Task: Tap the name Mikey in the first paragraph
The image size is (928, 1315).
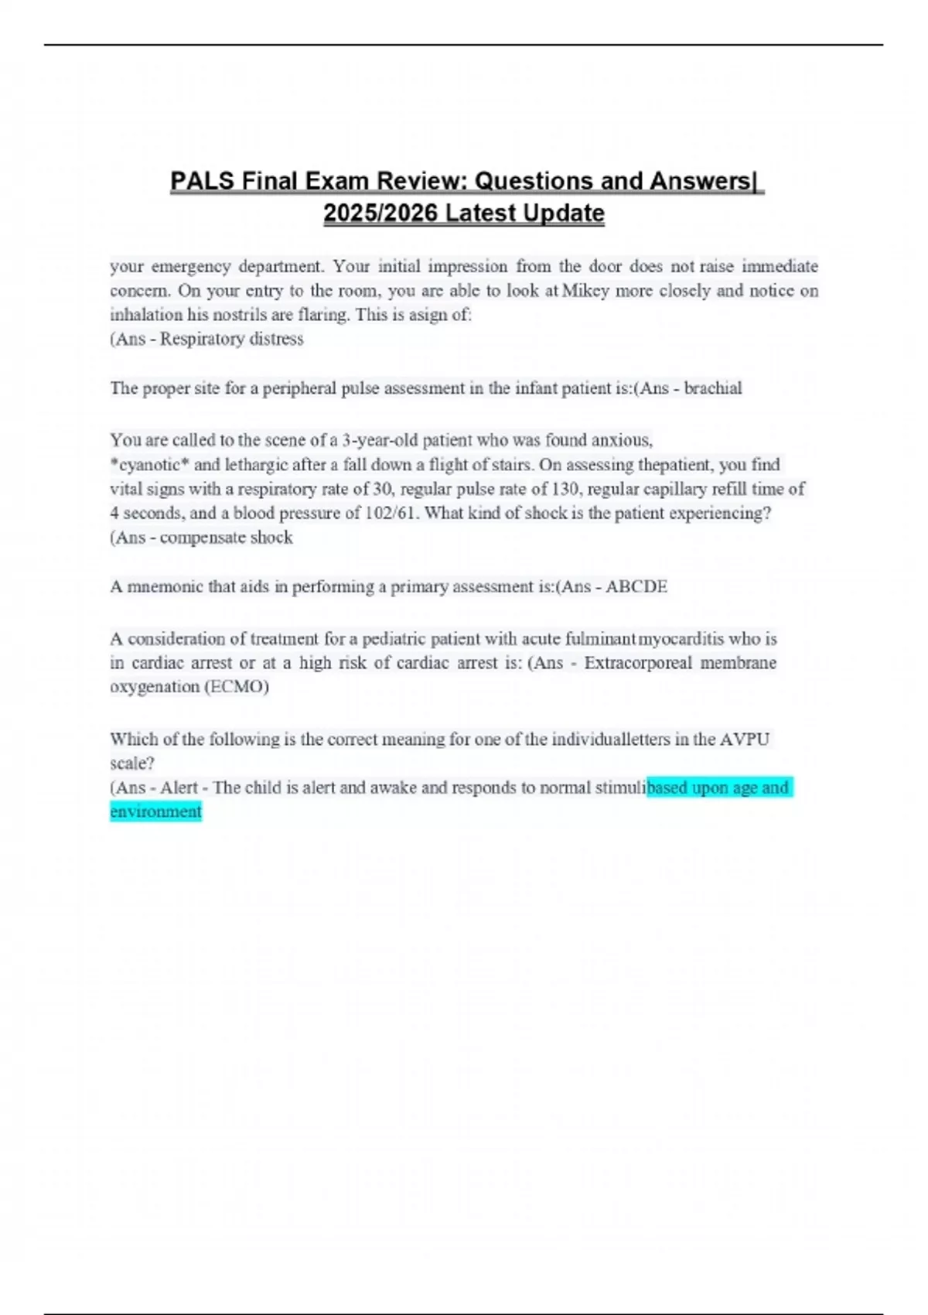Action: pyautogui.click(x=586, y=291)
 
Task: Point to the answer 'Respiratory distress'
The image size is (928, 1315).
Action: pyautogui.click(x=231, y=339)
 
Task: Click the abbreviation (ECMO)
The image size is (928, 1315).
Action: pyautogui.click(x=236, y=687)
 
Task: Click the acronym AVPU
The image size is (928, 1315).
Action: pyautogui.click(x=744, y=739)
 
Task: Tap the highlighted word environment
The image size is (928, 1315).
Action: pyautogui.click(x=155, y=811)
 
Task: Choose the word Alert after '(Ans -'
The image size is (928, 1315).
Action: pyautogui.click(x=179, y=787)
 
